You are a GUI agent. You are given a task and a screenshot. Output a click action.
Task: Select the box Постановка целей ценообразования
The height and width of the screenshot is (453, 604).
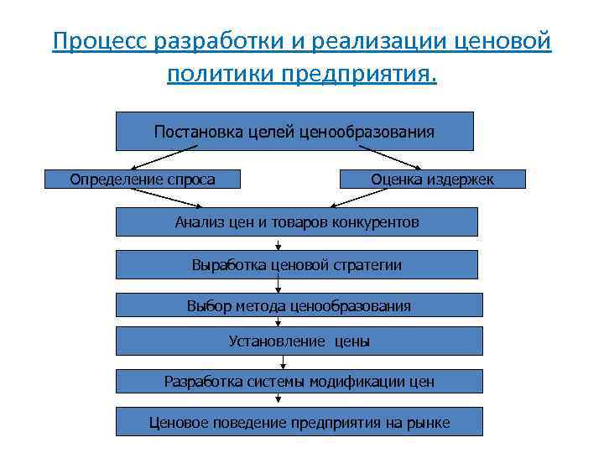tap(294, 131)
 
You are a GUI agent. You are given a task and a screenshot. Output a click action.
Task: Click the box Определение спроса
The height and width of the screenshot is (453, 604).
tap(142, 179)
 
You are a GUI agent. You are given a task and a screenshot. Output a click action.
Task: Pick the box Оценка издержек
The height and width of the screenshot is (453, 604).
tap(432, 179)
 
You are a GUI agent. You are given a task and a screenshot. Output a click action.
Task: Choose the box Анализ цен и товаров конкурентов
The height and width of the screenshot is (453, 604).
tap(296, 222)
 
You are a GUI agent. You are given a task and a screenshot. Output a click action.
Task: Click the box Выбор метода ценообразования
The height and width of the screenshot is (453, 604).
tap(299, 305)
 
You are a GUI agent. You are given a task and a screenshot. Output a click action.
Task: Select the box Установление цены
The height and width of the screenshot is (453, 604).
tap(299, 341)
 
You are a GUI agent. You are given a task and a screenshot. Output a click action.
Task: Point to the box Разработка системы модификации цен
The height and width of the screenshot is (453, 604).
tap(299, 382)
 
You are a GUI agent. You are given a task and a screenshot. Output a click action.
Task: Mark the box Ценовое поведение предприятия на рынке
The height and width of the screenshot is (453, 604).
tap(299, 422)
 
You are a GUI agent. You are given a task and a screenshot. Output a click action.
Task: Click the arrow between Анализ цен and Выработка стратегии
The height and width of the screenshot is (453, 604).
tap(278, 243)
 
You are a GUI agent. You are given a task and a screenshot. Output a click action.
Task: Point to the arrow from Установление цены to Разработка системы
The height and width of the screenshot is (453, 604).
tap(284, 362)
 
